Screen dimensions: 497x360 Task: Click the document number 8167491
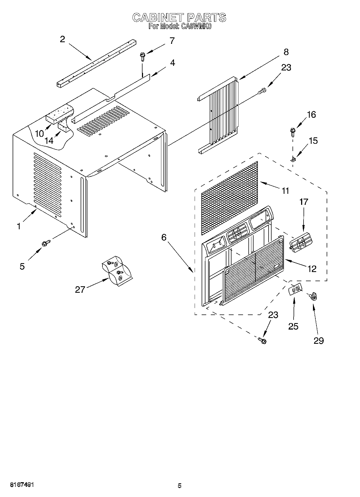[x=22, y=485]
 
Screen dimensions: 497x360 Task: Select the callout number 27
[x=80, y=289]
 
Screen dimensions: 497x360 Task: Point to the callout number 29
[x=319, y=341]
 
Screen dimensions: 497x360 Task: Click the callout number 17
[x=304, y=202]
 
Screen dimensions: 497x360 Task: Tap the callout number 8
[x=286, y=52]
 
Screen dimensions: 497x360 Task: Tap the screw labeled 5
[x=45, y=244]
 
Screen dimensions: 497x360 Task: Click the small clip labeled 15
[x=293, y=160]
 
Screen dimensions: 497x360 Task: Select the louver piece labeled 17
[x=301, y=243]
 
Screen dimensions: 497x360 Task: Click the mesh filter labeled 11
[x=229, y=198]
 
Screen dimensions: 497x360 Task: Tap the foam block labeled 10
[x=59, y=114]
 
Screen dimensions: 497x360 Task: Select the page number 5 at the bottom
[x=180, y=485]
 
